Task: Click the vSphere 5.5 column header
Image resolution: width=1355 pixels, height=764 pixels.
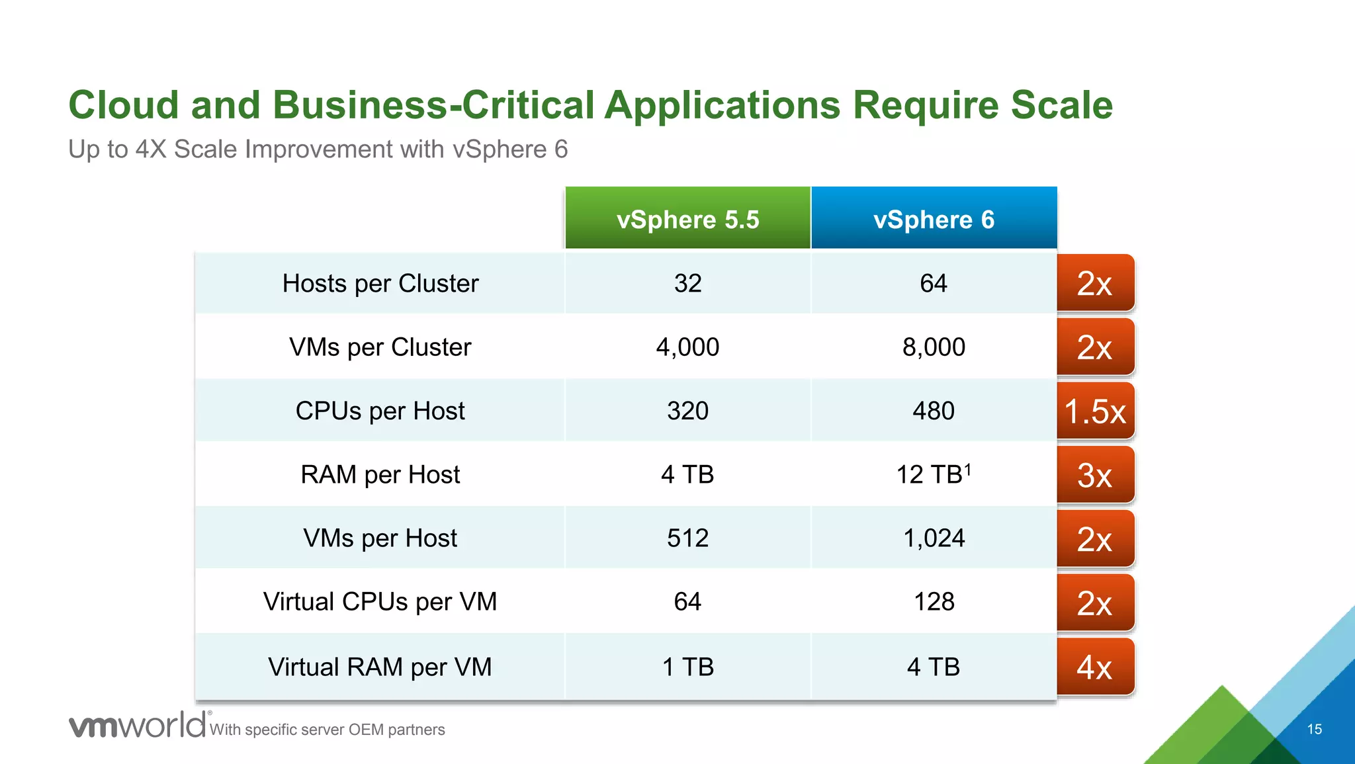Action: click(x=687, y=219)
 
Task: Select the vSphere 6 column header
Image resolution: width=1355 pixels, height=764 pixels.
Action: click(x=934, y=219)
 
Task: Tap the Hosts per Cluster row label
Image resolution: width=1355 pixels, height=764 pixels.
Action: click(x=380, y=283)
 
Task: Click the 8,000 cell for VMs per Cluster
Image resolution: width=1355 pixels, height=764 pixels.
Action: click(x=934, y=347)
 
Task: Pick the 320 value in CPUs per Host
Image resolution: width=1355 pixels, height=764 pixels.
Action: click(x=687, y=411)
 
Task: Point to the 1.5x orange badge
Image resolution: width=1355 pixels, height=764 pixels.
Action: click(x=1095, y=411)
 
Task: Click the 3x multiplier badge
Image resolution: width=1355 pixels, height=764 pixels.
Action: click(x=1095, y=475)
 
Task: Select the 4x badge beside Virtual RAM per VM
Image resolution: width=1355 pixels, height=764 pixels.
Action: click(x=1095, y=667)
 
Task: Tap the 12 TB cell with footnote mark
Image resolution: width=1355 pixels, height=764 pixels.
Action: click(x=933, y=474)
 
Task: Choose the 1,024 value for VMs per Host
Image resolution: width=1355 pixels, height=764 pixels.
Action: click(x=934, y=538)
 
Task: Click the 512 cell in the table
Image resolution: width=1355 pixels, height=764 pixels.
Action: click(x=687, y=538)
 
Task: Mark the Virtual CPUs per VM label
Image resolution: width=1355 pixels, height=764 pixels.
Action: click(x=380, y=602)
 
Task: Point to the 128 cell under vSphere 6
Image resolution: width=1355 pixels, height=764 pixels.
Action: click(x=934, y=602)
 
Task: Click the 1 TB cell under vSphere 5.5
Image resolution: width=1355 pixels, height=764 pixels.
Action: click(x=687, y=667)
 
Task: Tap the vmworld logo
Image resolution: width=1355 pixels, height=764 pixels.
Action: click(x=138, y=726)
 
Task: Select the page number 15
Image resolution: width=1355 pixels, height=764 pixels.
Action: click(x=1314, y=729)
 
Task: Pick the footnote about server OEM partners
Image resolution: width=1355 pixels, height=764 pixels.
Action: click(x=328, y=730)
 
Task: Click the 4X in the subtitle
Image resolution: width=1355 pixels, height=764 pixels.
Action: click(x=151, y=149)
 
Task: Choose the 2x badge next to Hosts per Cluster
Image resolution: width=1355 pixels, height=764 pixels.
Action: click(x=1095, y=283)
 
